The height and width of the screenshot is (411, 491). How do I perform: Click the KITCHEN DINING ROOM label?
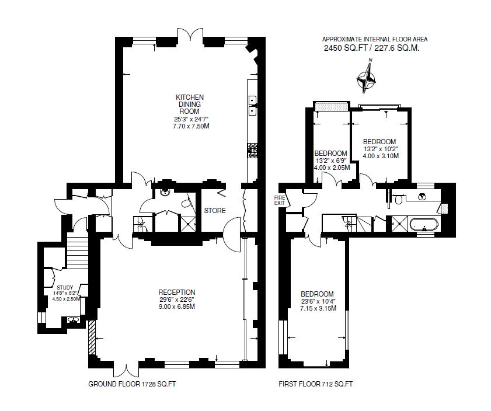pos(190,105)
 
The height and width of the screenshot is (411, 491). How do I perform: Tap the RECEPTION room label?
pos(177,292)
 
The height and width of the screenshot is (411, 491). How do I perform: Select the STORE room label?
pos(215,211)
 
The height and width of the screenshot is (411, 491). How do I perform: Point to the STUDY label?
pos(65,287)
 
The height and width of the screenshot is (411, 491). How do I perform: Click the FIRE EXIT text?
pos(280,200)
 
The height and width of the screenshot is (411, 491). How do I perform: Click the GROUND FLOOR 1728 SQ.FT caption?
pos(132,384)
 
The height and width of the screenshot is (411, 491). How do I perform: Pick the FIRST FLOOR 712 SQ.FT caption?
pos(316,384)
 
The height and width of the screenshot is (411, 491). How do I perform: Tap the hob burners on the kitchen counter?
pos(253,151)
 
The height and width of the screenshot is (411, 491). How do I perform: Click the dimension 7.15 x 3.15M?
pos(318,308)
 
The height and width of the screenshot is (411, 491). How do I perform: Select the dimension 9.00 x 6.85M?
pos(177,306)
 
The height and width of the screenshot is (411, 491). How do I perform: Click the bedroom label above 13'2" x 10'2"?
pos(379,141)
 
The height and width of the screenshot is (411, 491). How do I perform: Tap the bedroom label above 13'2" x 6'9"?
pos(330,154)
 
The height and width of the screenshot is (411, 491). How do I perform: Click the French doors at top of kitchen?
pos(190,34)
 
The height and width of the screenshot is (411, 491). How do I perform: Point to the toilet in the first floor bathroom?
pos(399,199)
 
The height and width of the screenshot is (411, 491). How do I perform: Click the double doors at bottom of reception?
pos(127,371)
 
